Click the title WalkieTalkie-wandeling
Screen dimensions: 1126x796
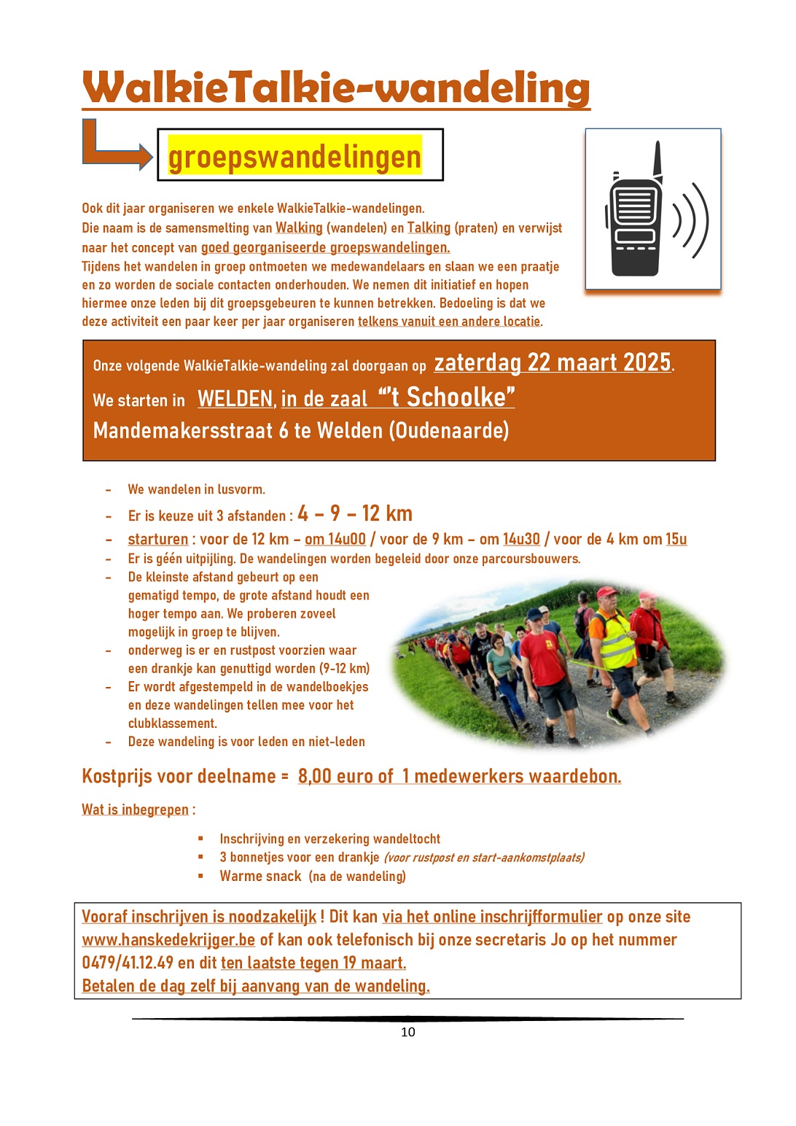tap(335, 89)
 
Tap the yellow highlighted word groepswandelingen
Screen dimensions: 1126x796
tap(294, 156)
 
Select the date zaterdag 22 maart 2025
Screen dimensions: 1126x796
tap(552, 362)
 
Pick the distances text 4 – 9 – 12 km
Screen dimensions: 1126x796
tap(355, 513)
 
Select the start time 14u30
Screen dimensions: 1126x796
tap(521, 539)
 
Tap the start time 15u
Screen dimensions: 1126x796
tap(676, 539)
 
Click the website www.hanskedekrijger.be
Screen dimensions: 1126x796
tap(168, 939)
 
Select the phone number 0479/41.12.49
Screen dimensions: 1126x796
tap(128, 963)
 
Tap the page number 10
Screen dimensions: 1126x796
tap(407, 1032)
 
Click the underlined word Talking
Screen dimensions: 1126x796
tap(429, 228)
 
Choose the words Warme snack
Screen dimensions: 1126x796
tap(260, 876)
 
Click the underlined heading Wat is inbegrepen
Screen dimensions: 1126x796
tap(135, 809)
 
